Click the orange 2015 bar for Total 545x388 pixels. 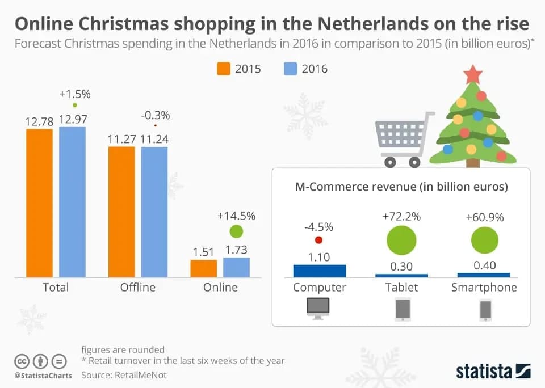click(x=39, y=203)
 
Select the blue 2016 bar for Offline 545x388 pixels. click(x=154, y=212)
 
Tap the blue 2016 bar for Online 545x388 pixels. click(x=236, y=267)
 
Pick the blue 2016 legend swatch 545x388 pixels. click(x=290, y=69)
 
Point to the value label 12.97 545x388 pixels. click(x=72, y=120)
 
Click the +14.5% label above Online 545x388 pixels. click(x=236, y=216)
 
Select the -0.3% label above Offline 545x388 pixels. click(x=155, y=115)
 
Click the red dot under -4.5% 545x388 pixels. click(x=318, y=240)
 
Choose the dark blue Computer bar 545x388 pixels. click(x=319, y=271)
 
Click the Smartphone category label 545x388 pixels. click(x=484, y=287)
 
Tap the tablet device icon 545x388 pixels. click(x=403, y=310)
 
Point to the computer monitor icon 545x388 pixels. click(x=318, y=308)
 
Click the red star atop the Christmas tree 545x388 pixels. click(x=472, y=74)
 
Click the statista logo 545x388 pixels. click(x=493, y=371)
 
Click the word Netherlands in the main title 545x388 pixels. click(x=374, y=24)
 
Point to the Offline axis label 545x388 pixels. click(x=137, y=287)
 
